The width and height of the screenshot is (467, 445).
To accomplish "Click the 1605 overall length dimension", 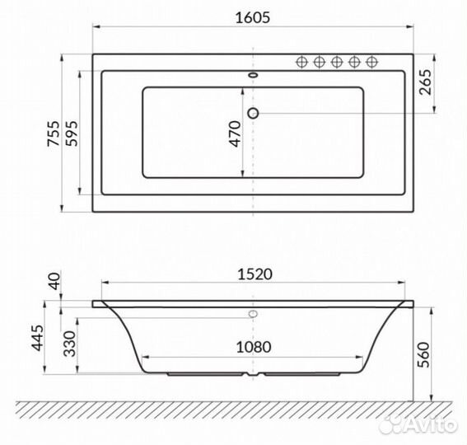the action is [x=253, y=17].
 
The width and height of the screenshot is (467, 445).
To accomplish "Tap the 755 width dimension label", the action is [x=54, y=133].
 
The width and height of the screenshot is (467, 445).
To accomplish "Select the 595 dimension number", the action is [x=72, y=133].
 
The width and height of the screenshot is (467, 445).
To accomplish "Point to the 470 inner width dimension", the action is [x=236, y=133].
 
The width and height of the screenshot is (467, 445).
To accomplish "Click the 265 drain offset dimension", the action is [x=425, y=82].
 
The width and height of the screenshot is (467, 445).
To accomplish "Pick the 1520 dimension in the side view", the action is [x=255, y=274].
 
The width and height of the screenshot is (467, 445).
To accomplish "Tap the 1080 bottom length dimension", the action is [x=254, y=347].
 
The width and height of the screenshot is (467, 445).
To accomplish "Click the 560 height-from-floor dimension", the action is [x=423, y=354].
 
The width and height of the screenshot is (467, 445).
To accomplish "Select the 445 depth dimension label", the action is [x=38, y=338].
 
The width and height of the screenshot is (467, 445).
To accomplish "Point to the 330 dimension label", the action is [x=70, y=344].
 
